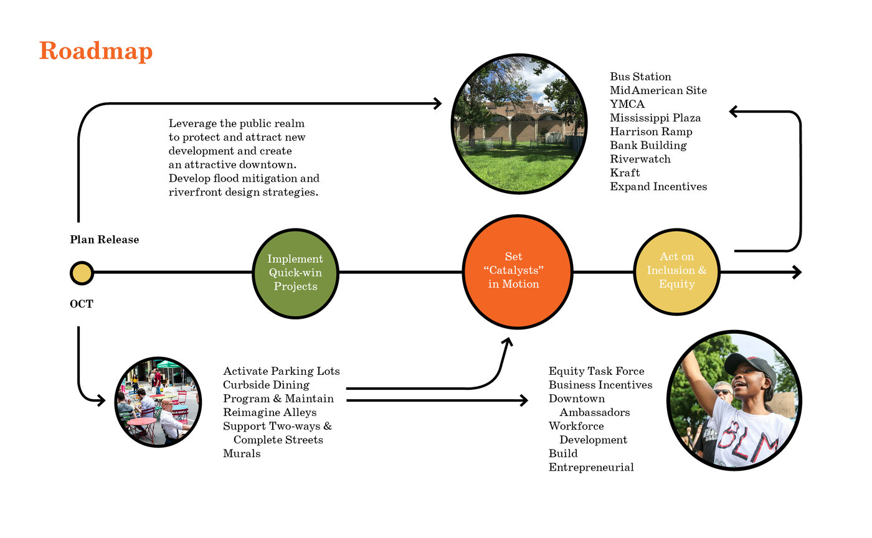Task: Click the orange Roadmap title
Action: (95, 51)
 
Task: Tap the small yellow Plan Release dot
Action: (82, 273)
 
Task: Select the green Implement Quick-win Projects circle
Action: (295, 273)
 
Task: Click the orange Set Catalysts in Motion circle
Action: (518, 271)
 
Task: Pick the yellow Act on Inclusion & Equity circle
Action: (676, 271)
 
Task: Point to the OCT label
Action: (82, 304)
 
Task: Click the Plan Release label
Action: (104, 240)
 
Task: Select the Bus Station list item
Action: (640, 77)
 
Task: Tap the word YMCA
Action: (627, 104)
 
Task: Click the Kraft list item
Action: (625, 172)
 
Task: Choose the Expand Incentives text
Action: (658, 186)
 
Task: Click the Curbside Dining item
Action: (266, 385)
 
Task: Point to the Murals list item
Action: (242, 453)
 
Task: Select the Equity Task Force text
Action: (596, 371)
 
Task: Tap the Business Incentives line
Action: (600, 385)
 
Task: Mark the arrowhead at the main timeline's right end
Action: (796, 272)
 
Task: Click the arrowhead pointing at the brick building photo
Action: (437, 103)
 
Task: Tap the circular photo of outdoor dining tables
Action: (158, 402)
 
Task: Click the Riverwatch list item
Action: (640, 159)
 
